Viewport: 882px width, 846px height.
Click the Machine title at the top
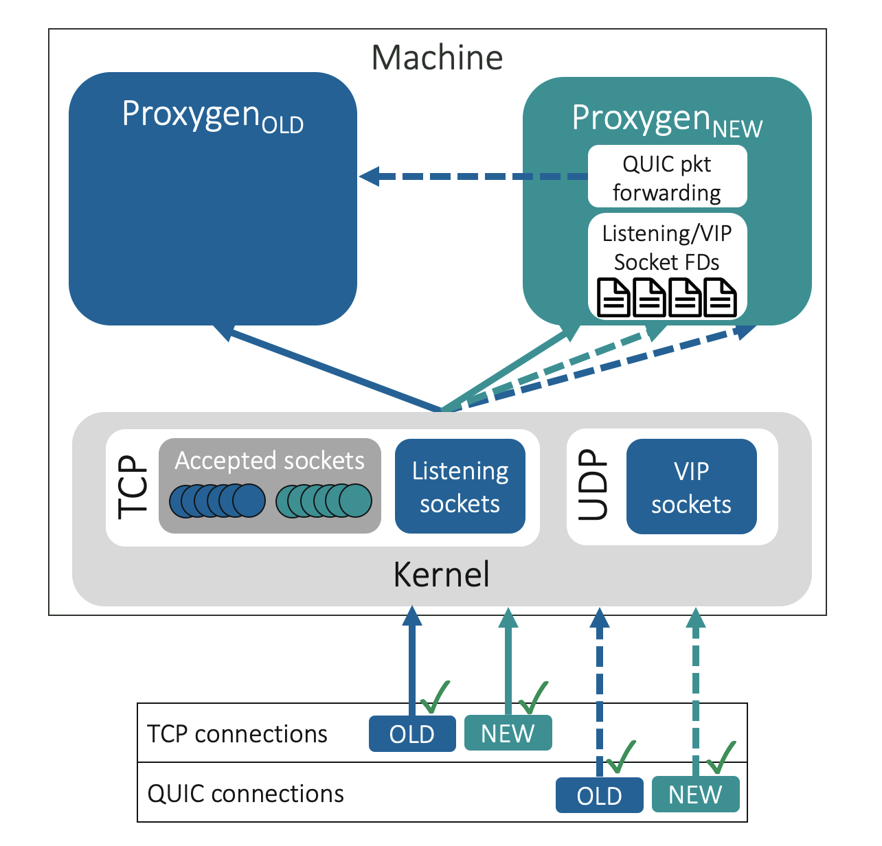(x=437, y=58)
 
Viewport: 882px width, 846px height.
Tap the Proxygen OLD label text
(x=212, y=115)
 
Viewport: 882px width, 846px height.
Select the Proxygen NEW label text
(x=667, y=119)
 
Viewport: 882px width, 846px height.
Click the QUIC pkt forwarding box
(x=667, y=176)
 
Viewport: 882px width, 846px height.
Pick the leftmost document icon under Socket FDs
(x=613, y=297)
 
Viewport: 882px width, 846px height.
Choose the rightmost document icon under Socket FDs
(x=721, y=297)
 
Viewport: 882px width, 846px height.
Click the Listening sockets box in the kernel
(x=460, y=487)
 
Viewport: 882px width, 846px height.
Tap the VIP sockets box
(x=691, y=488)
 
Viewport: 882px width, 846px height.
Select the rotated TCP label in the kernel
(x=133, y=487)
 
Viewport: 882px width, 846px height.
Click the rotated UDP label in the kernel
(x=593, y=485)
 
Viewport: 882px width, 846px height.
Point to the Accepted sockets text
(x=269, y=460)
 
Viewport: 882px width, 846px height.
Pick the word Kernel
(x=441, y=574)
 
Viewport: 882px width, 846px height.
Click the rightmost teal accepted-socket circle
(x=356, y=501)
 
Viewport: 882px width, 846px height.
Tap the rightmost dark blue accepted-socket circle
(x=249, y=501)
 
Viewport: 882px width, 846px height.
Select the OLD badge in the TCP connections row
(x=412, y=734)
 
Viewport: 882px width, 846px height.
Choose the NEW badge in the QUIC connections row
(x=695, y=795)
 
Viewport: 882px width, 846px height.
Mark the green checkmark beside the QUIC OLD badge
(x=620, y=757)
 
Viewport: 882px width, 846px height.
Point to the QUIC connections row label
(x=245, y=794)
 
